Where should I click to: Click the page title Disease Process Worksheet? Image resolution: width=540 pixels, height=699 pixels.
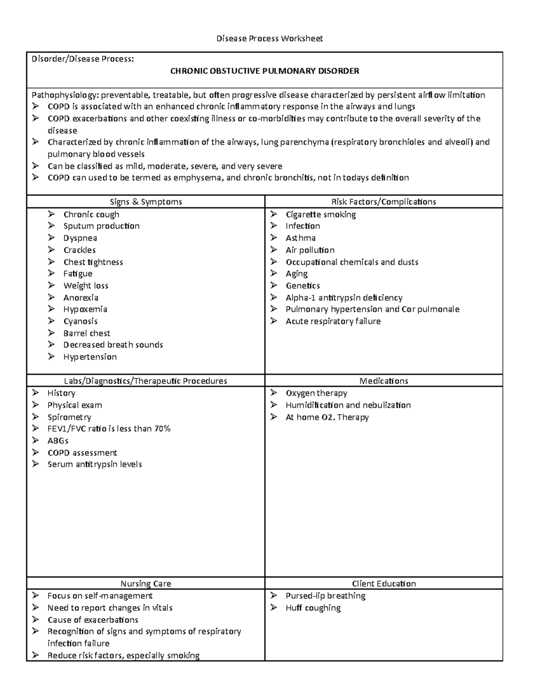(270, 39)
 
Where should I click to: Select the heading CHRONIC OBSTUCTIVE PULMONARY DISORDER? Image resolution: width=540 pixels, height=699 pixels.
(265, 71)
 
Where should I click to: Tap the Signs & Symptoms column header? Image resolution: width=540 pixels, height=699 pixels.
(146, 202)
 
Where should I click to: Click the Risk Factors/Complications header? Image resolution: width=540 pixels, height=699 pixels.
(383, 202)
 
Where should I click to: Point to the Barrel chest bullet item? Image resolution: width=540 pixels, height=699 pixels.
(86, 333)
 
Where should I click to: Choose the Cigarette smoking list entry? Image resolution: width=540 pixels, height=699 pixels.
(320, 215)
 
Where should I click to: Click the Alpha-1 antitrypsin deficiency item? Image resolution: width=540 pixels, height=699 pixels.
(344, 298)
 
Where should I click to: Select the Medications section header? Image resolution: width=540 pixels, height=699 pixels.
(383, 381)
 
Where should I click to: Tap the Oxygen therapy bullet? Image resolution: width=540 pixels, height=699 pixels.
(316, 393)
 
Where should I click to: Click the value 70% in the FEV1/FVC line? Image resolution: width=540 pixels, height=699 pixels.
(162, 428)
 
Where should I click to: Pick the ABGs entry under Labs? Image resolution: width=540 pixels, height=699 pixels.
(58, 441)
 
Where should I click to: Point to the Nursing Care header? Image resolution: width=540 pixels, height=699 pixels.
(146, 584)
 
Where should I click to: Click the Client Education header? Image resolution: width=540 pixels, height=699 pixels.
(383, 584)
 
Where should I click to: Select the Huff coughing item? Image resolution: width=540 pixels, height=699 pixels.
(313, 608)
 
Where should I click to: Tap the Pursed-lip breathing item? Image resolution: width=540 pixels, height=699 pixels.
(325, 596)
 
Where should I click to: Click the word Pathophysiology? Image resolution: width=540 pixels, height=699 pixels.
(63, 95)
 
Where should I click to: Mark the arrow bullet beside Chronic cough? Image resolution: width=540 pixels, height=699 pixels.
(52, 214)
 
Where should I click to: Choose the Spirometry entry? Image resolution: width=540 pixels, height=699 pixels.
(69, 417)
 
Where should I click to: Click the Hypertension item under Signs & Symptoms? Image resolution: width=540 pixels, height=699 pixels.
(90, 357)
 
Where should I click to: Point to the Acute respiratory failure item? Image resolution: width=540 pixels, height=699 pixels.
(333, 321)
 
